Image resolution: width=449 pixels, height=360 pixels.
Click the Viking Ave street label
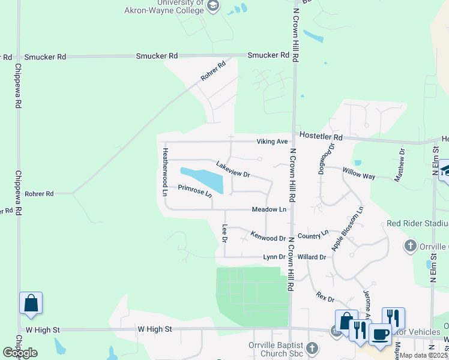pyautogui.click(x=273, y=142)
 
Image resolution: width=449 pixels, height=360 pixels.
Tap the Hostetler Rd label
pyautogui.click(x=321, y=137)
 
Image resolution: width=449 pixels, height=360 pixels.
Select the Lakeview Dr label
pyautogui.click(x=233, y=169)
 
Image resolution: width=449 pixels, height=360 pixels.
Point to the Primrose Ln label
pyautogui.click(x=195, y=191)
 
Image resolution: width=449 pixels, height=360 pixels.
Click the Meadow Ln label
pyautogui.click(x=268, y=209)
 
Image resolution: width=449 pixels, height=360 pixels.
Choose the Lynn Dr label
pyautogui.click(x=274, y=257)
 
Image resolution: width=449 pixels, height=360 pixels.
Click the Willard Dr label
pyautogui.click(x=311, y=257)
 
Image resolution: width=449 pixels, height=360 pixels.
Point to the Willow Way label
pyautogui.click(x=358, y=173)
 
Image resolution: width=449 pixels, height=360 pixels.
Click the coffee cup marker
pyautogui.click(x=379, y=334)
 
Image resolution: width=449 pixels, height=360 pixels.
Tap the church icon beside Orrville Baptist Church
pyautogui.click(x=311, y=348)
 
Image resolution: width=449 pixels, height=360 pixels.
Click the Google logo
pyautogui.click(x=20, y=353)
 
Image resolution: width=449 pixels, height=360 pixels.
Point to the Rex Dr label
pyautogui.click(x=324, y=296)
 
